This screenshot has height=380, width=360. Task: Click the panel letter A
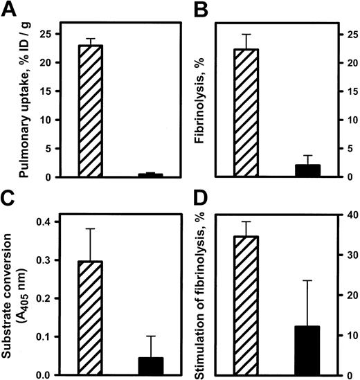point(10,10)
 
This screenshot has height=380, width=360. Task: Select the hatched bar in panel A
point(91,111)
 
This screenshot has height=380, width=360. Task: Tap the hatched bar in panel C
point(91,318)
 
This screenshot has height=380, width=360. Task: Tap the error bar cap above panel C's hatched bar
point(91,228)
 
